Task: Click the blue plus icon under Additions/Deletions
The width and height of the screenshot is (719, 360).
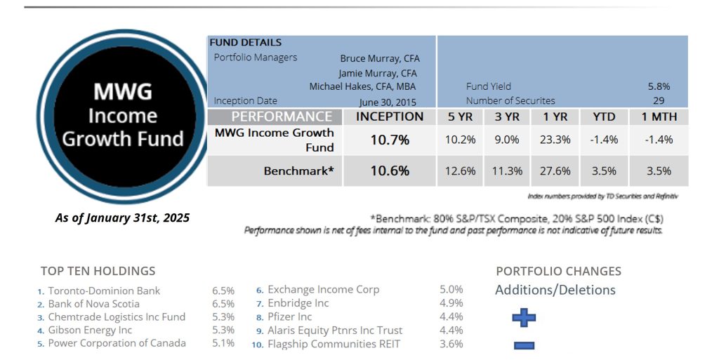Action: point(524,318)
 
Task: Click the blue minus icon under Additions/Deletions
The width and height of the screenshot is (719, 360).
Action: point(524,345)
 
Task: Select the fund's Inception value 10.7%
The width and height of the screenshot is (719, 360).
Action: point(390,140)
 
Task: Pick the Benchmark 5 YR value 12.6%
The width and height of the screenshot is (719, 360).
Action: point(461,171)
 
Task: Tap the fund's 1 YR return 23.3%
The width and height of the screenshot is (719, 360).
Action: point(555,140)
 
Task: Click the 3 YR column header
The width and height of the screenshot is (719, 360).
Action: point(507,117)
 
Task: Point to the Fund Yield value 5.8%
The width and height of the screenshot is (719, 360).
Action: point(658,87)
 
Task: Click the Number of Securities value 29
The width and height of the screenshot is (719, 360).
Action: point(658,101)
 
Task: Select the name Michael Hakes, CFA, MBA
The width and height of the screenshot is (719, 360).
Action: point(362,87)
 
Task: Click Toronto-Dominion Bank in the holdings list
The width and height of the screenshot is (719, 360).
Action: point(104,291)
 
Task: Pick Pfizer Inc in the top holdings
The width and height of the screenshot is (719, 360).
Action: point(290,316)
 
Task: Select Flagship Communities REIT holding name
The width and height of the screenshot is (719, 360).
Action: point(334,344)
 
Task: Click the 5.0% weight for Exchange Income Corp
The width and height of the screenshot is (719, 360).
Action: point(451,289)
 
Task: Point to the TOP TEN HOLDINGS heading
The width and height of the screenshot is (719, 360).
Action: point(98,271)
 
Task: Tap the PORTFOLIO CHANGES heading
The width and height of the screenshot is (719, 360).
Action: point(558,271)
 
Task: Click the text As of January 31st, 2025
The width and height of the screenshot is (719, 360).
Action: point(122,218)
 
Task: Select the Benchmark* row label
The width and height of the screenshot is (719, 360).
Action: point(298,171)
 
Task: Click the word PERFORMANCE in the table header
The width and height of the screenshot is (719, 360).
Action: point(282,117)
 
